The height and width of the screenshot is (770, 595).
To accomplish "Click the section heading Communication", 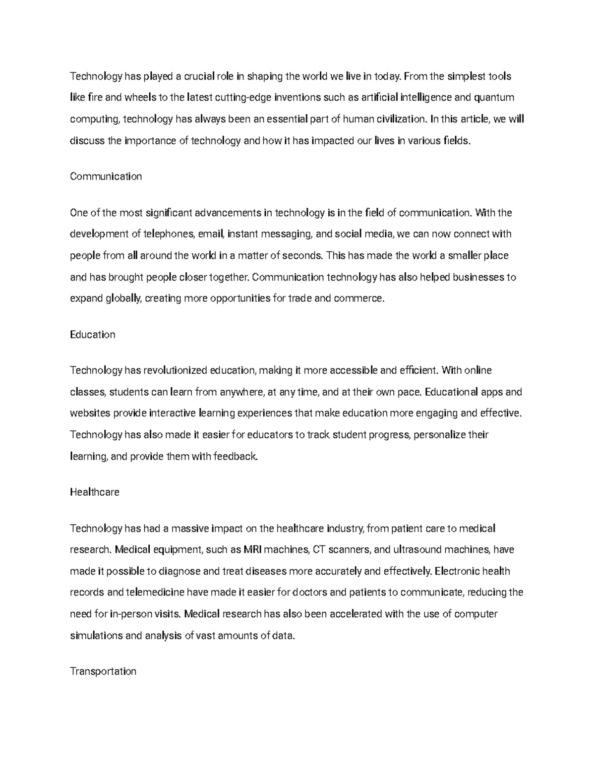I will [106, 177].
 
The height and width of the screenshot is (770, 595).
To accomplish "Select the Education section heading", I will [92, 335].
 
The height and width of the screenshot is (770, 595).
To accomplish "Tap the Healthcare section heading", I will [94, 492].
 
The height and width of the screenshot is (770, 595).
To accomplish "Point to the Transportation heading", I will [103, 671].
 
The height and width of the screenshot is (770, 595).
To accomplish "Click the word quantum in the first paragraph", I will [494, 98].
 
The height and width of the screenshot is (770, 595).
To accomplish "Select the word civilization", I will [401, 119].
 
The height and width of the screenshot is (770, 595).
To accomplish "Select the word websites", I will [90, 414].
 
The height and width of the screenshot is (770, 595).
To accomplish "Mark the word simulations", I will [97, 636].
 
